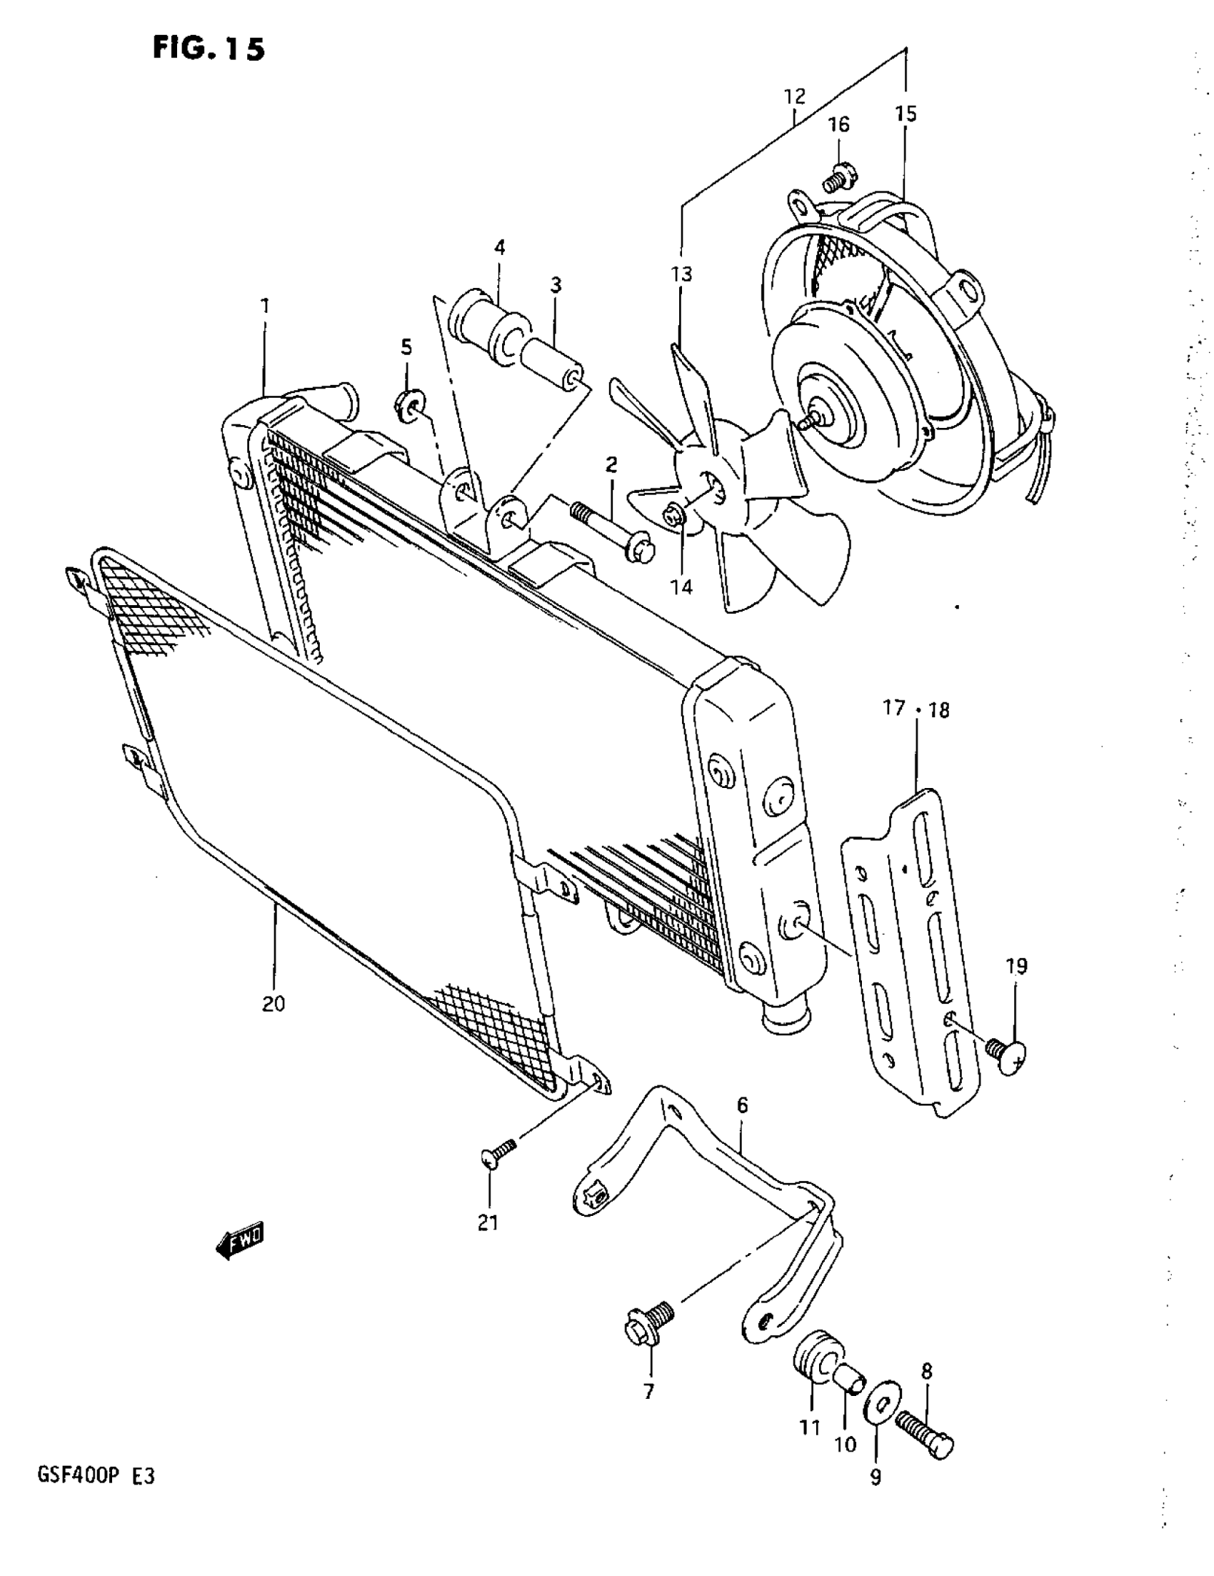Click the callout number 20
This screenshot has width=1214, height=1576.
click(x=274, y=1003)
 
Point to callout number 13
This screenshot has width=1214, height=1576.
click(x=681, y=274)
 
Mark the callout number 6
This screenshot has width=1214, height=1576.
click(x=742, y=1105)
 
